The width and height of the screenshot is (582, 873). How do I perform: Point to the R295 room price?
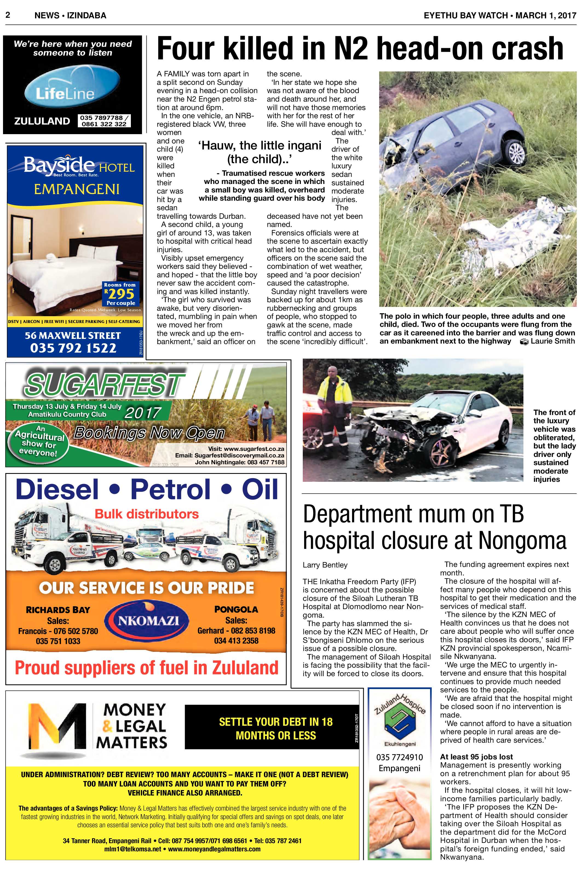click(x=120, y=294)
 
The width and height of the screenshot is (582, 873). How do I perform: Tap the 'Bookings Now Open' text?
click(x=149, y=433)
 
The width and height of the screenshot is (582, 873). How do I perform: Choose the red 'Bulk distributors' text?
click(x=147, y=514)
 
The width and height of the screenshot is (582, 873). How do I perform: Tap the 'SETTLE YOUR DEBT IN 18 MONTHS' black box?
click(x=275, y=728)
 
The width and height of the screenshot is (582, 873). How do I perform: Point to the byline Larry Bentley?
click(x=325, y=565)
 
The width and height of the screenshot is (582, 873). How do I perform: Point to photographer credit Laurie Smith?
click(x=552, y=341)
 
